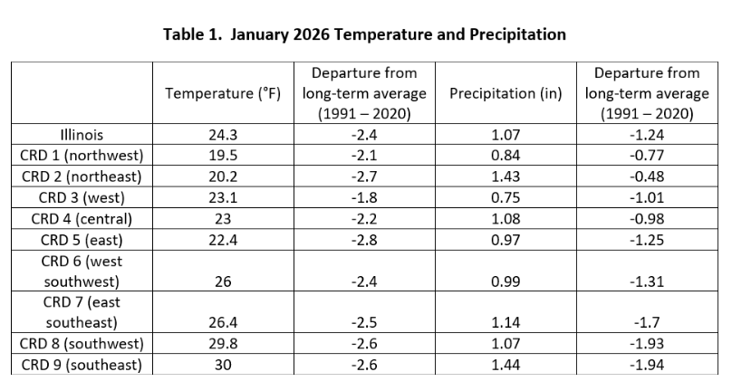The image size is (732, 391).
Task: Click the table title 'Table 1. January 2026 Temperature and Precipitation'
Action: [365, 35]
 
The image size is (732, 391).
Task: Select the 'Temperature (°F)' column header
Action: [223, 93]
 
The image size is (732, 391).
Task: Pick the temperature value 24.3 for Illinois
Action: [223, 134]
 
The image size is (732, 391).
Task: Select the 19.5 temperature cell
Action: [223, 155]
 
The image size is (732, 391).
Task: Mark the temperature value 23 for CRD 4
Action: [223, 218]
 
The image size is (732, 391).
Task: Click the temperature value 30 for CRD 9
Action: [223, 365]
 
